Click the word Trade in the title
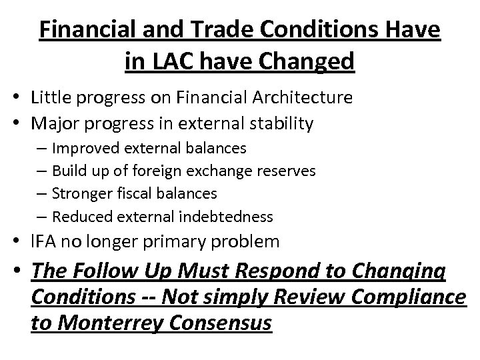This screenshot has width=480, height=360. coord(214,31)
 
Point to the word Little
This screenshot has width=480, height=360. coord(53,98)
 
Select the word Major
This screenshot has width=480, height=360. coord(55,123)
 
